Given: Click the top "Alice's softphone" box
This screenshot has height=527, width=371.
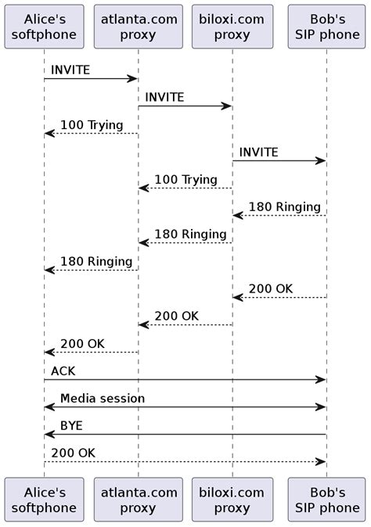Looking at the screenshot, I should (44, 27).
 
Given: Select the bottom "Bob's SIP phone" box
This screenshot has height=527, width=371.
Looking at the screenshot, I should (326, 500).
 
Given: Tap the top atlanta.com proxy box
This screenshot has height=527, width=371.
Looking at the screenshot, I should (138, 27).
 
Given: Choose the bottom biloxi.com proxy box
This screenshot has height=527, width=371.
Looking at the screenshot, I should (232, 500).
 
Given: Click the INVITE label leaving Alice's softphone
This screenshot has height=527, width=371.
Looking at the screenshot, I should (70, 70).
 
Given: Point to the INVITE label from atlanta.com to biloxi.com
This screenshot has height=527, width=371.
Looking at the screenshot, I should (164, 98).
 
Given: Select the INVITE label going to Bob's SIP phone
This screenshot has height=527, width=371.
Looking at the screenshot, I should (258, 152).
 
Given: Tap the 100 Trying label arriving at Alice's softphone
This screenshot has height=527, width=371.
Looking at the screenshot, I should (92, 125).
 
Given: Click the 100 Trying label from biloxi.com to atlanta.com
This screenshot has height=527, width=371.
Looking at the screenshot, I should (185, 180).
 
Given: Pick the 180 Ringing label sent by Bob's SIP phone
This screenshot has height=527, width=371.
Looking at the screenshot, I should (284, 207).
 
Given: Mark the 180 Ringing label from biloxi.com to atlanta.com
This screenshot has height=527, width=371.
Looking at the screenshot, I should (190, 235).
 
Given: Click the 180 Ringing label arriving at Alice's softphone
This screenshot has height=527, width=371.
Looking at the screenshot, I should (96, 262).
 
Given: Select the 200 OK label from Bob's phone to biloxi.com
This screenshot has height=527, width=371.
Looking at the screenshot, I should (270, 289).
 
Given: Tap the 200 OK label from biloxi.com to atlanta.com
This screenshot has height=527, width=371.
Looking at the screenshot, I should (176, 317).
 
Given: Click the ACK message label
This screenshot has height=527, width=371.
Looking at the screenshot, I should (63, 371).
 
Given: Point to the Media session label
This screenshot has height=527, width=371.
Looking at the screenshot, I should (102, 399).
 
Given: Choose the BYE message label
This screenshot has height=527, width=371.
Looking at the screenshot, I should (71, 426).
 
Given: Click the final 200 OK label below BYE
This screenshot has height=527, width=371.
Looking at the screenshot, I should (73, 454).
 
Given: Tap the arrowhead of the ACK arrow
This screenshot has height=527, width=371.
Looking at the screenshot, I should (321, 380).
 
